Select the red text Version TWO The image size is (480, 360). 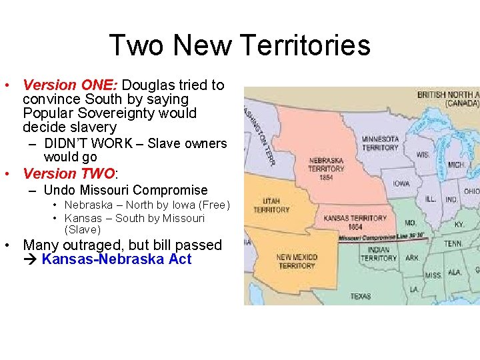(x=69, y=174)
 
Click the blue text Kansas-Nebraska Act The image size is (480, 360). (x=116, y=259)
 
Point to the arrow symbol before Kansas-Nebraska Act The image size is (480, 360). (x=31, y=259)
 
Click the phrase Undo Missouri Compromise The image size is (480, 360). (x=126, y=190)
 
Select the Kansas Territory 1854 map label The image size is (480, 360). (x=355, y=222)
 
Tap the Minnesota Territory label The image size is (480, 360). (x=380, y=143)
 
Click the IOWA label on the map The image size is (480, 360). (x=401, y=183)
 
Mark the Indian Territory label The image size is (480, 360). (x=378, y=254)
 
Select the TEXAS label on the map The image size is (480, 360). (x=360, y=295)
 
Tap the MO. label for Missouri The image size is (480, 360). (x=409, y=223)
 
